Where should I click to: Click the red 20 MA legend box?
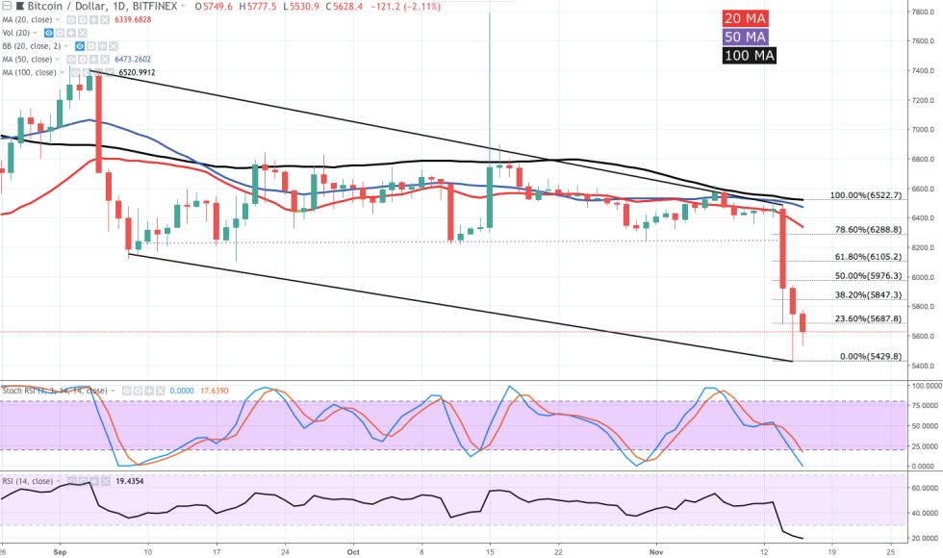(x=747, y=18)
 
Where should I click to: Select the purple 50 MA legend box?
(x=747, y=37)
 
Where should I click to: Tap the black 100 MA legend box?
(x=750, y=55)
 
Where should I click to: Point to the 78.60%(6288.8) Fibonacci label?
(x=869, y=230)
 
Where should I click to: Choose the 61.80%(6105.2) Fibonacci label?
(x=869, y=257)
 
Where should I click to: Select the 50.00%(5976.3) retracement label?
(x=869, y=276)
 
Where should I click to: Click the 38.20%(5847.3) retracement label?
(x=869, y=295)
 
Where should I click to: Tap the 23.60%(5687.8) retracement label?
(x=869, y=318)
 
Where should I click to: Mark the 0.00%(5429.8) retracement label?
(x=872, y=356)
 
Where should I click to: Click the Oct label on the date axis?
(x=352, y=552)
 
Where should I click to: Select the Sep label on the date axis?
(x=61, y=552)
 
